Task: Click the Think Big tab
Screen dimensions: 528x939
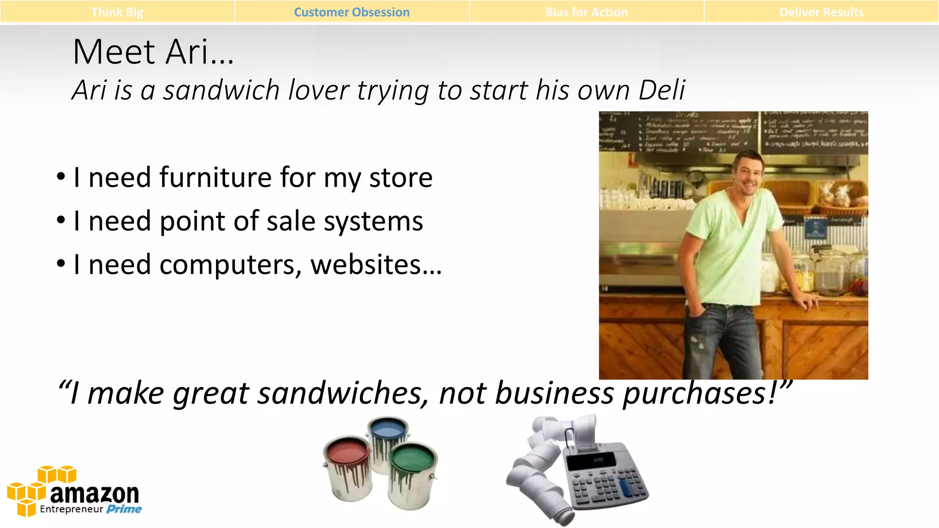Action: [x=117, y=12]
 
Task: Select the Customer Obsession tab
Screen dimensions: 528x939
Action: [x=352, y=12]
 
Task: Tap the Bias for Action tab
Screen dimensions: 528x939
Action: [x=586, y=12]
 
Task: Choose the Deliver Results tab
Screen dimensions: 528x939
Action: [x=821, y=12]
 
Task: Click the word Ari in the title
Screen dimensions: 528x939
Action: [x=186, y=52]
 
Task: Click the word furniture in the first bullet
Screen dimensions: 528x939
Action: [x=215, y=177]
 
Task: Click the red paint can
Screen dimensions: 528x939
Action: [x=348, y=467]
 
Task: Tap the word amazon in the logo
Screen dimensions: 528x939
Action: [x=94, y=494]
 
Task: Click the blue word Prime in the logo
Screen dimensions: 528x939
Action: [x=124, y=509]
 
